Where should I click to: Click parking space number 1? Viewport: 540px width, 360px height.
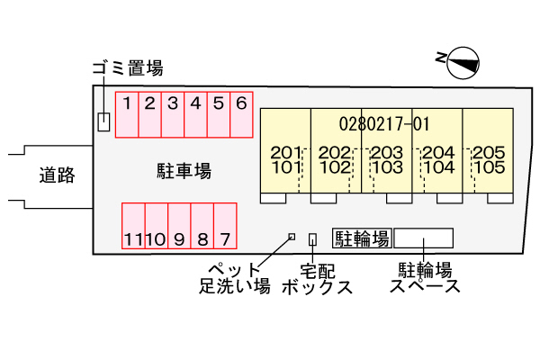[x=128, y=114]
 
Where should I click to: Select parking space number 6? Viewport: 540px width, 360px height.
[x=241, y=114]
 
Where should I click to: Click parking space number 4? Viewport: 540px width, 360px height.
[x=195, y=114]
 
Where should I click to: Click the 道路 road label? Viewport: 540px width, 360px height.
[x=57, y=175]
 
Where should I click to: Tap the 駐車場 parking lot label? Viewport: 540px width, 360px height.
[x=184, y=169]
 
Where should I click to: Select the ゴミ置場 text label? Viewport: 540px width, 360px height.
[x=128, y=67]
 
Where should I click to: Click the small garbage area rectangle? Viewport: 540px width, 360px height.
[x=103, y=121]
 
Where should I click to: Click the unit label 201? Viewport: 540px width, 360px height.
[x=285, y=152]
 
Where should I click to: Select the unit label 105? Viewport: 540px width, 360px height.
[x=488, y=166]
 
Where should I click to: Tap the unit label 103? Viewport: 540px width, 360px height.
[x=386, y=166]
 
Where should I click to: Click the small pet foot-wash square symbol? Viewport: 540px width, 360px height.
[x=291, y=237]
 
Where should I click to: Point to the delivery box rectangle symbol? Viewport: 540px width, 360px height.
[x=312, y=238]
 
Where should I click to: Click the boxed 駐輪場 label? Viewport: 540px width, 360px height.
[x=362, y=238]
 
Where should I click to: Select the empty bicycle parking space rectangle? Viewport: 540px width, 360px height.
[x=423, y=238]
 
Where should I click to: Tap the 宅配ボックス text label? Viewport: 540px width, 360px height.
[x=316, y=278]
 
